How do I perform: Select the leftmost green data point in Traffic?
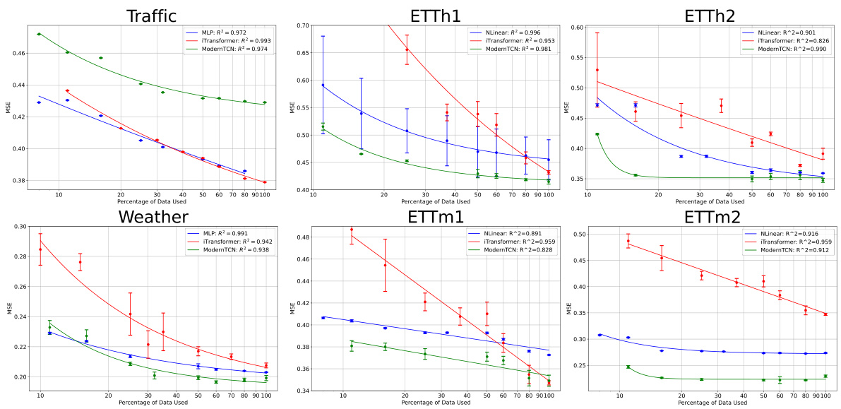(40, 34)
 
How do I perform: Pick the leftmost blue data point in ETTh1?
(323, 85)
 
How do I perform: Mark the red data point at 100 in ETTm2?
(825, 314)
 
